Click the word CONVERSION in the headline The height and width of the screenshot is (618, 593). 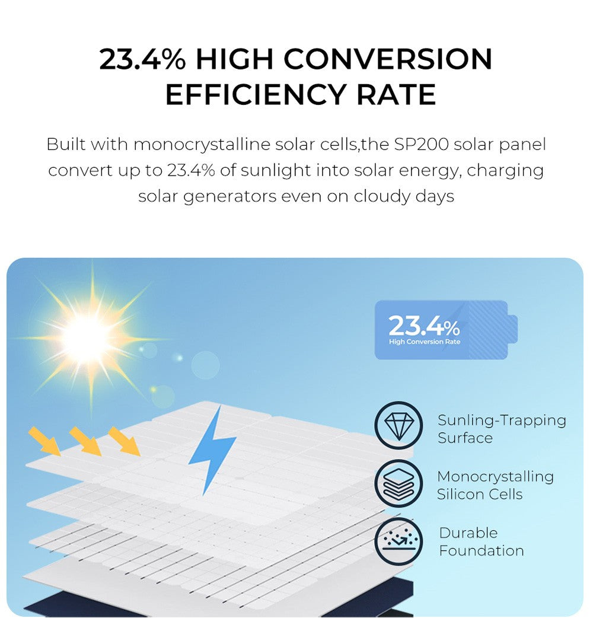coord(388,59)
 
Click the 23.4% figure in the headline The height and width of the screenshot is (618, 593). coord(142,59)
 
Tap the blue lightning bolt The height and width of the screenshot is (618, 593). coord(212,448)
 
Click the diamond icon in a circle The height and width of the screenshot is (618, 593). coord(398,425)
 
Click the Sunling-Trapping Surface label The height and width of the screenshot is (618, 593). coord(501,429)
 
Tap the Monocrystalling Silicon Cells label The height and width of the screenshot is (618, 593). coord(495,485)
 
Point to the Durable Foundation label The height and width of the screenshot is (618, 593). coord(481,541)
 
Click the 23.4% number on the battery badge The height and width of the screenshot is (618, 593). coord(423,326)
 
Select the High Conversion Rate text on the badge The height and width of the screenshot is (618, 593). coord(424,342)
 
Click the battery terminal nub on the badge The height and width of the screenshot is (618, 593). coord(513,329)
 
